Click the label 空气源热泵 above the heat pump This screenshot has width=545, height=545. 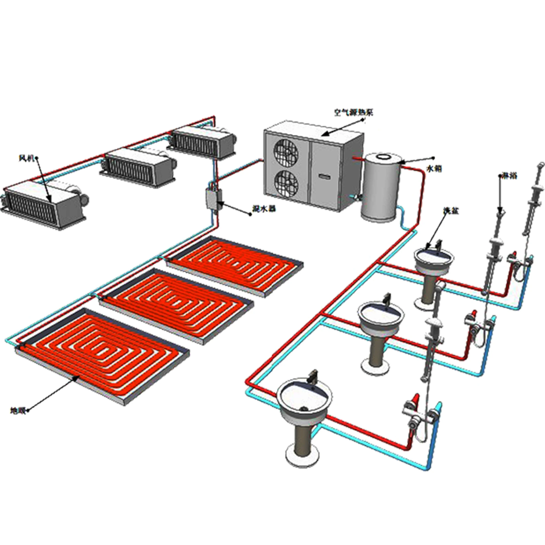coord(353,113)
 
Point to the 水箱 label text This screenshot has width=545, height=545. coord(434,169)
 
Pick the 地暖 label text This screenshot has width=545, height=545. coord(18,411)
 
